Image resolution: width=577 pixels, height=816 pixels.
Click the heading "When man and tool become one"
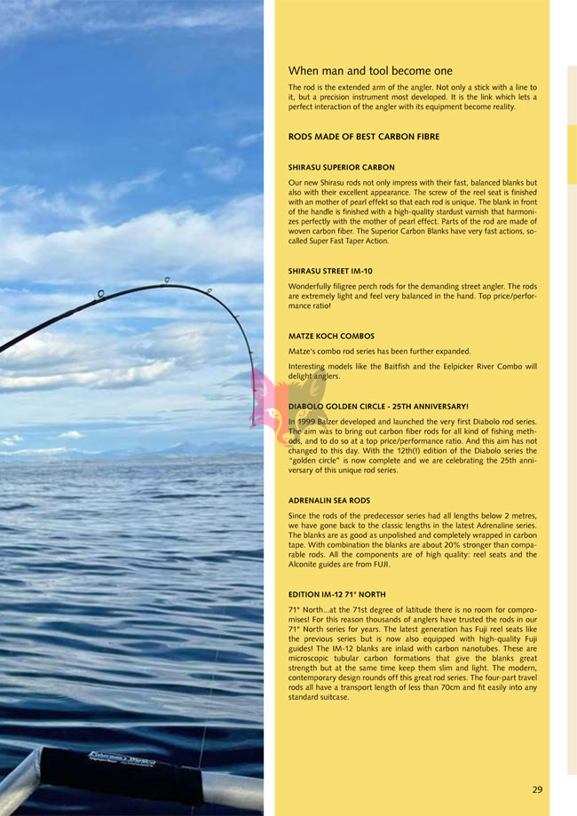click(370, 71)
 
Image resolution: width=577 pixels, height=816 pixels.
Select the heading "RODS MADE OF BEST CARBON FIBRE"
click(363, 137)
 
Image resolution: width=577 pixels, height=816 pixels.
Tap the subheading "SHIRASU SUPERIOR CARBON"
click(341, 167)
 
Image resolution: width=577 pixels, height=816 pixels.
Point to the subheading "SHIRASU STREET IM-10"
click(330, 271)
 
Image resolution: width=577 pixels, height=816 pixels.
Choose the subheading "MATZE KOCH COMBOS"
click(331, 337)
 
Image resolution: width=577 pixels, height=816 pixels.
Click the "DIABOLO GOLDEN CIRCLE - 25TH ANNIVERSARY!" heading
click(377, 406)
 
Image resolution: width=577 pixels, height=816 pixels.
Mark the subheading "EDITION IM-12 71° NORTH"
click(336, 594)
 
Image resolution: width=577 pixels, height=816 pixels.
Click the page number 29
click(537, 789)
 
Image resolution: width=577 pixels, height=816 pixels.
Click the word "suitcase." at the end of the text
click(331, 697)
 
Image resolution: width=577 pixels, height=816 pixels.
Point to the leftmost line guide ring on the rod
click(102, 294)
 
